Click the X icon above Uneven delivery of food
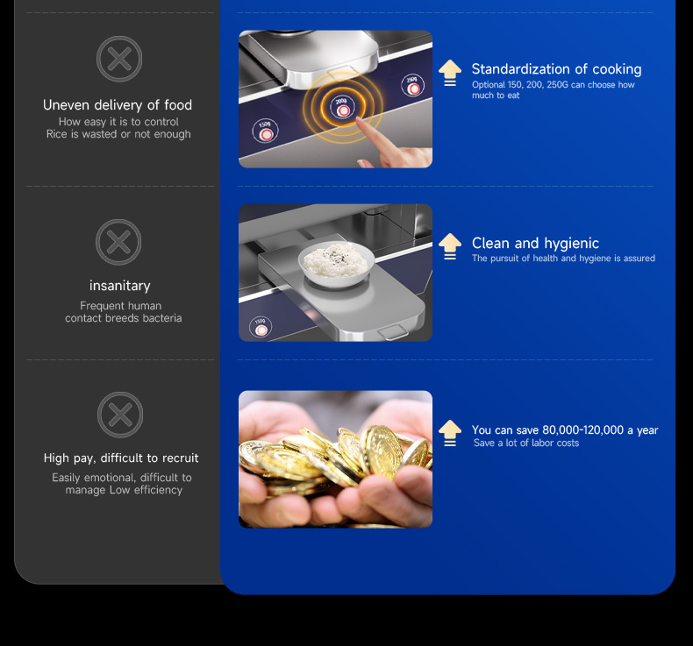[x=119, y=59]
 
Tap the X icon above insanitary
[x=118, y=242]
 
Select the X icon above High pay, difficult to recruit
[x=120, y=415]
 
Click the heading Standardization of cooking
[x=556, y=69]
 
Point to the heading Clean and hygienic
[x=535, y=244]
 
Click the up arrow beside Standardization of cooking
[x=450, y=73]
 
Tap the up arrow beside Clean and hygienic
[x=450, y=246]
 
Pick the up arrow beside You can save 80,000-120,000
[x=450, y=433]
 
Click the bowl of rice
[x=336, y=264]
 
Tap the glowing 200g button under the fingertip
[x=342, y=107]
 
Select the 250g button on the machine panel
[x=413, y=85]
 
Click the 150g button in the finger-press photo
[x=265, y=131]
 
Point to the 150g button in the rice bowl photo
[x=261, y=327]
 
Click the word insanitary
[x=120, y=286]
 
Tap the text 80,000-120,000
[x=583, y=430]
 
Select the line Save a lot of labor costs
[x=526, y=443]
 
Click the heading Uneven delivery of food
[x=118, y=105]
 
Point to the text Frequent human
[x=121, y=306]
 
